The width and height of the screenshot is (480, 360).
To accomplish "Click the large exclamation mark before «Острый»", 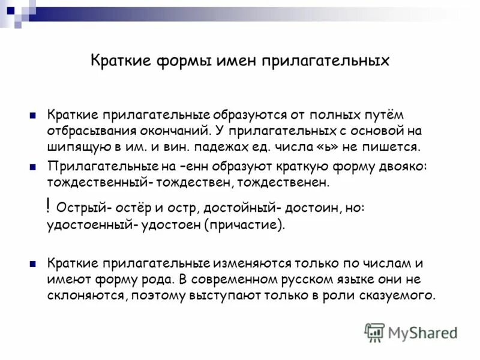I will pyautogui.click(x=48, y=206).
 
